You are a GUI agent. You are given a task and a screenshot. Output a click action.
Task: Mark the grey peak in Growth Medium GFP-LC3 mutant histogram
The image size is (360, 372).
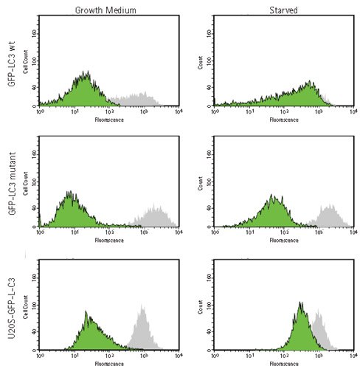pyautogui.click(x=156, y=210)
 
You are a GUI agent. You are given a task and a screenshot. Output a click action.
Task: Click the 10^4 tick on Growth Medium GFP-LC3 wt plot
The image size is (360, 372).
pyautogui.click(x=178, y=112)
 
